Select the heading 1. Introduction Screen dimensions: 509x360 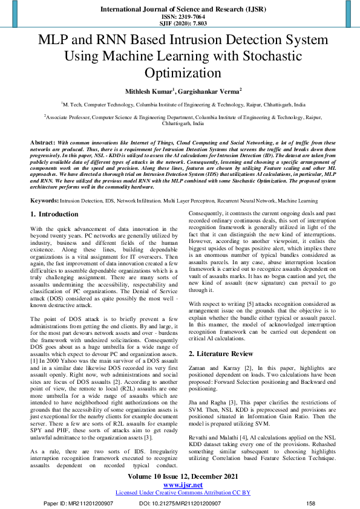(54, 215)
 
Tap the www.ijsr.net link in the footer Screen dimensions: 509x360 (180, 485)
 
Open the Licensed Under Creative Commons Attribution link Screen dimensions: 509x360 (180, 493)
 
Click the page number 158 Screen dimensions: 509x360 (311, 503)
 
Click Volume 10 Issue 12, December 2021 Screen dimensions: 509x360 (180, 477)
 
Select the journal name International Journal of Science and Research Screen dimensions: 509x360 (180, 10)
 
